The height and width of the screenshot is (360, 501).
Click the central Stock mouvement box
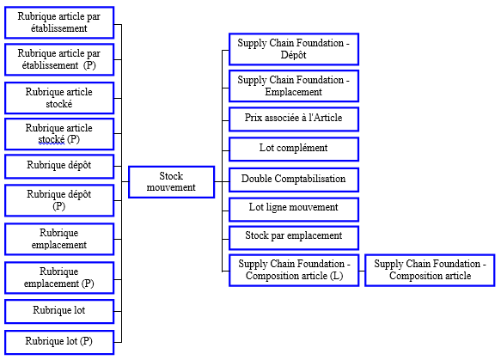[171, 182]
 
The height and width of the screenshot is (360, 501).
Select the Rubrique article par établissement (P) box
[59, 59]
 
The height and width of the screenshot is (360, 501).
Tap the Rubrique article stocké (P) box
[59, 134]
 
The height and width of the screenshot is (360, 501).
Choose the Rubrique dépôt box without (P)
[59, 167]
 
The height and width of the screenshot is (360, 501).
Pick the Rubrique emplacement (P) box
[59, 278]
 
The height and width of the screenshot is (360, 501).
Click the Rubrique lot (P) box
[59, 342]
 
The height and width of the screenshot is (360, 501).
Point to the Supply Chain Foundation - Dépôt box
[294, 49]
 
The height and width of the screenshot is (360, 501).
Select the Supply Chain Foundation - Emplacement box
[294, 86]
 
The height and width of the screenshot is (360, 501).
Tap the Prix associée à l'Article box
[294, 119]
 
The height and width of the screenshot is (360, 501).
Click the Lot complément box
[294, 149]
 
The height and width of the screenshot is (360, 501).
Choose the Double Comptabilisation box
[294, 180]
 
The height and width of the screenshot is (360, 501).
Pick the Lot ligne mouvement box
[294, 210]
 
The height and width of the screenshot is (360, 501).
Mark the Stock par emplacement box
[294, 238]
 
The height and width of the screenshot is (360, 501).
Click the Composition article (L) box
[294, 271]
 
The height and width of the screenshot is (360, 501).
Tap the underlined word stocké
[52, 139]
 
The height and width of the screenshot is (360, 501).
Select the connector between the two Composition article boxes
[362, 271]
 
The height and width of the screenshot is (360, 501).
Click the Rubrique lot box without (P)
[59, 311]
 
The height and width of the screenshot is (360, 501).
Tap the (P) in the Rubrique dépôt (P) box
[59, 206]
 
